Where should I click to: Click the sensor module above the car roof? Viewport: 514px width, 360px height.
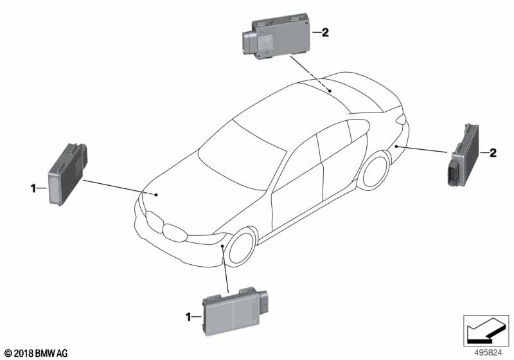(276, 37)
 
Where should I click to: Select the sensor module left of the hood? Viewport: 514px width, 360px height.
(68, 174)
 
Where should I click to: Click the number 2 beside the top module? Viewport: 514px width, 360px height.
(325, 32)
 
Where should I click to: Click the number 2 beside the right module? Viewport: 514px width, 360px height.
(493, 153)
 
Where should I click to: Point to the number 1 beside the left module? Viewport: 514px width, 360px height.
(33, 188)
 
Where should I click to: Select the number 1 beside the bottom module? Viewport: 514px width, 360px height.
(188, 317)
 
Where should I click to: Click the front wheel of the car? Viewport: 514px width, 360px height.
(242, 248)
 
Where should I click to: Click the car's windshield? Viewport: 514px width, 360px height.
(242, 155)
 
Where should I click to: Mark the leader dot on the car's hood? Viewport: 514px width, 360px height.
(156, 195)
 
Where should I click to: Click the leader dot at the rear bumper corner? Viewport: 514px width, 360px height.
(396, 146)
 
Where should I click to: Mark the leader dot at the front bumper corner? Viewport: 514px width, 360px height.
(222, 245)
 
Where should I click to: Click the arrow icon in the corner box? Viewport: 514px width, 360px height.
(486, 330)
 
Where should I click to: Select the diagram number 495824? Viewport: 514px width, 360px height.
(488, 353)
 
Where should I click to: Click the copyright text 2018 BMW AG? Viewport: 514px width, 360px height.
(37, 354)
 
